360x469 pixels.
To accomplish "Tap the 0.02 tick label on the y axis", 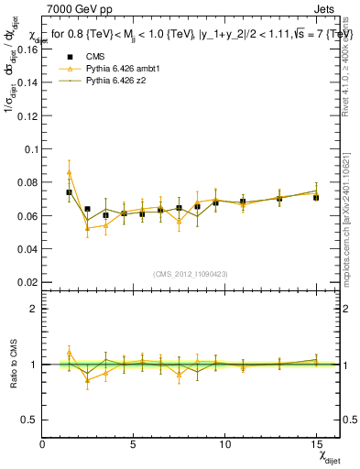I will [x=24, y=282].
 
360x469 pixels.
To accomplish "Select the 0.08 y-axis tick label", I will [x=24, y=182].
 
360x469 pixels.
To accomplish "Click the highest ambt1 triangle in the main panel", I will [x=69, y=172].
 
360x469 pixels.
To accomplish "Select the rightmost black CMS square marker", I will [x=316, y=198].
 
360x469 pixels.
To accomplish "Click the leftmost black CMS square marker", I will [x=69, y=192].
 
